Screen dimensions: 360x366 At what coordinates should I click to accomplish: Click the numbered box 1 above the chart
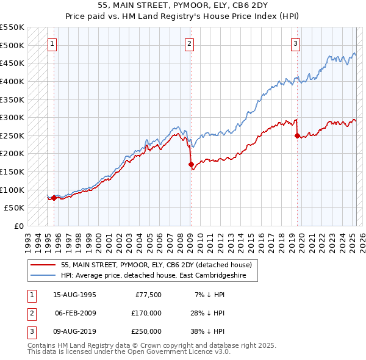coord(53,43)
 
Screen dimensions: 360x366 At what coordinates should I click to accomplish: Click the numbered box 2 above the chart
coord(190,43)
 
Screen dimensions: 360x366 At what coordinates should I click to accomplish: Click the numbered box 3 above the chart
coord(295,43)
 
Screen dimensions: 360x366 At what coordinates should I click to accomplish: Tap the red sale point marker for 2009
coord(191,164)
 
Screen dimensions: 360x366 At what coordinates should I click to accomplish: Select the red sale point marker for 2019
coord(297,135)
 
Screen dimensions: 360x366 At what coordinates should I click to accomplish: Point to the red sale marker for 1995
coord(54,198)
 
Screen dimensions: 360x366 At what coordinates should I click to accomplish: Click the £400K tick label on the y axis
coord(12,81)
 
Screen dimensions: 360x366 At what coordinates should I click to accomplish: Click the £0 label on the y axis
coord(18,226)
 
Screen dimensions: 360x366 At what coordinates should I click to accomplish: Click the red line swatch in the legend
coord(43,265)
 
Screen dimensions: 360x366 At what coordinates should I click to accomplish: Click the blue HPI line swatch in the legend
coord(43,275)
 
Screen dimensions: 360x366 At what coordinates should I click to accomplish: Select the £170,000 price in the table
coord(147,313)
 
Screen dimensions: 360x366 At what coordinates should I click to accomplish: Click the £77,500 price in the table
coord(149,295)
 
